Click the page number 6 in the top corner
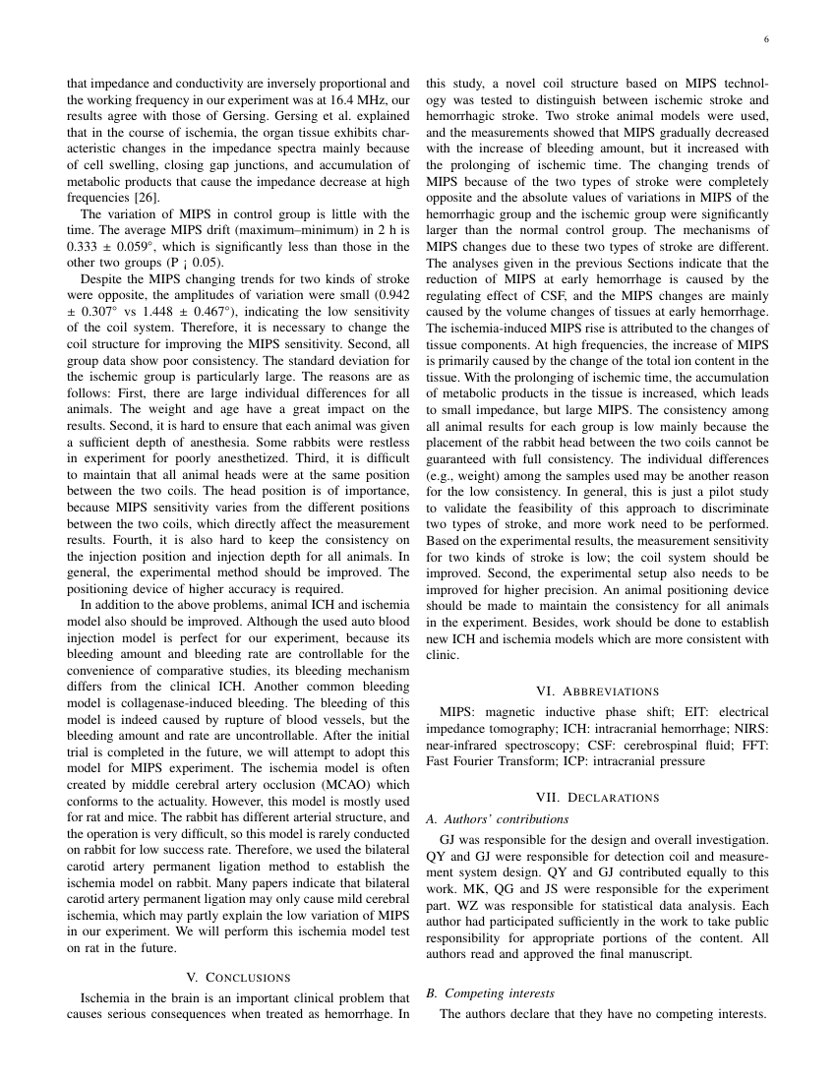pyautogui.click(x=765, y=40)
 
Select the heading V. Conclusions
pyautogui.click(x=238, y=977)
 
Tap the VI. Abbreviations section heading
pyautogui.click(x=598, y=691)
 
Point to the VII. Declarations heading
pyautogui.click(x=598, y=797)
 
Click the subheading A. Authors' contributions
pyautogui.click(x=498, y=818)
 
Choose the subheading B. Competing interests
pyautogui.click(x=491, y=993)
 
